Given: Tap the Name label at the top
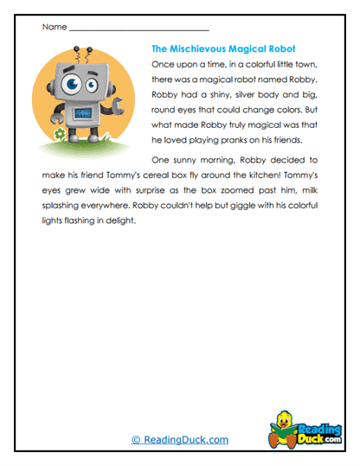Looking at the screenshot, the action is pyautogui.click(x=53, y=28).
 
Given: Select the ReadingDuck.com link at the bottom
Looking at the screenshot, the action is pyautogui.click(x=180, y=439).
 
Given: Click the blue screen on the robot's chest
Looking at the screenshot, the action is pyautogui.click(x=83, y=112).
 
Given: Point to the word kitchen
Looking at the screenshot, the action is pyautogui.click(x=262, y=176).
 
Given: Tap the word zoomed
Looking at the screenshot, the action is pyautogui.click(x=236, y=191).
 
